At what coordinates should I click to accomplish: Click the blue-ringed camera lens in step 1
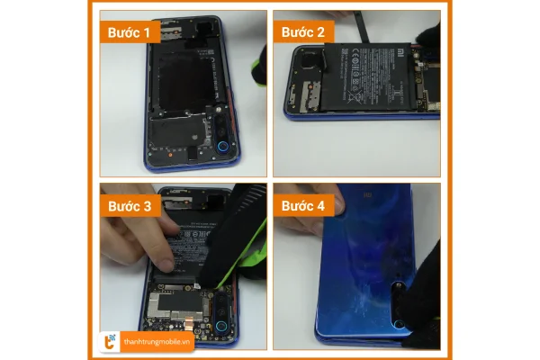coord(222,148)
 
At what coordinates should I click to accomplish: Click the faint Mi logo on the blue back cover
coord(371,193)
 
